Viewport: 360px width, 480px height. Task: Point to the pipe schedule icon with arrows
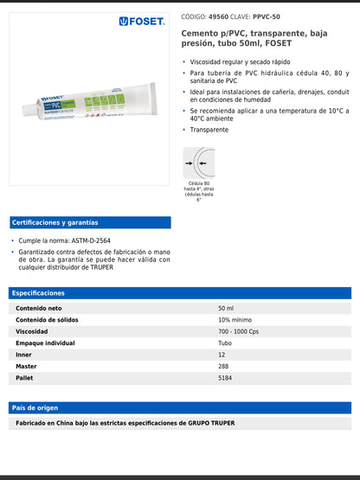click(199, 162)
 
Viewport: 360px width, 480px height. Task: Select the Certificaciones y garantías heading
click(55, 222)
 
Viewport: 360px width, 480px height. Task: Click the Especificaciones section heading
click(38, 293)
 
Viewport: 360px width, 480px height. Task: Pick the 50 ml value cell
click(226, 309)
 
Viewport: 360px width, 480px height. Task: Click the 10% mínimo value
click(235, 320)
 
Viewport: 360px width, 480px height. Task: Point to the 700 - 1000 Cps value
click(239, 331)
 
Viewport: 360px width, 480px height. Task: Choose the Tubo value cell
click(225, 343)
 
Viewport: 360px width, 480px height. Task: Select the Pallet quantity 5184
click(226, 378)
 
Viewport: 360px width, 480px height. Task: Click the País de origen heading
click(35, 406)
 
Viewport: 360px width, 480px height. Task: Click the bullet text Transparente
click(209, 130)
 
